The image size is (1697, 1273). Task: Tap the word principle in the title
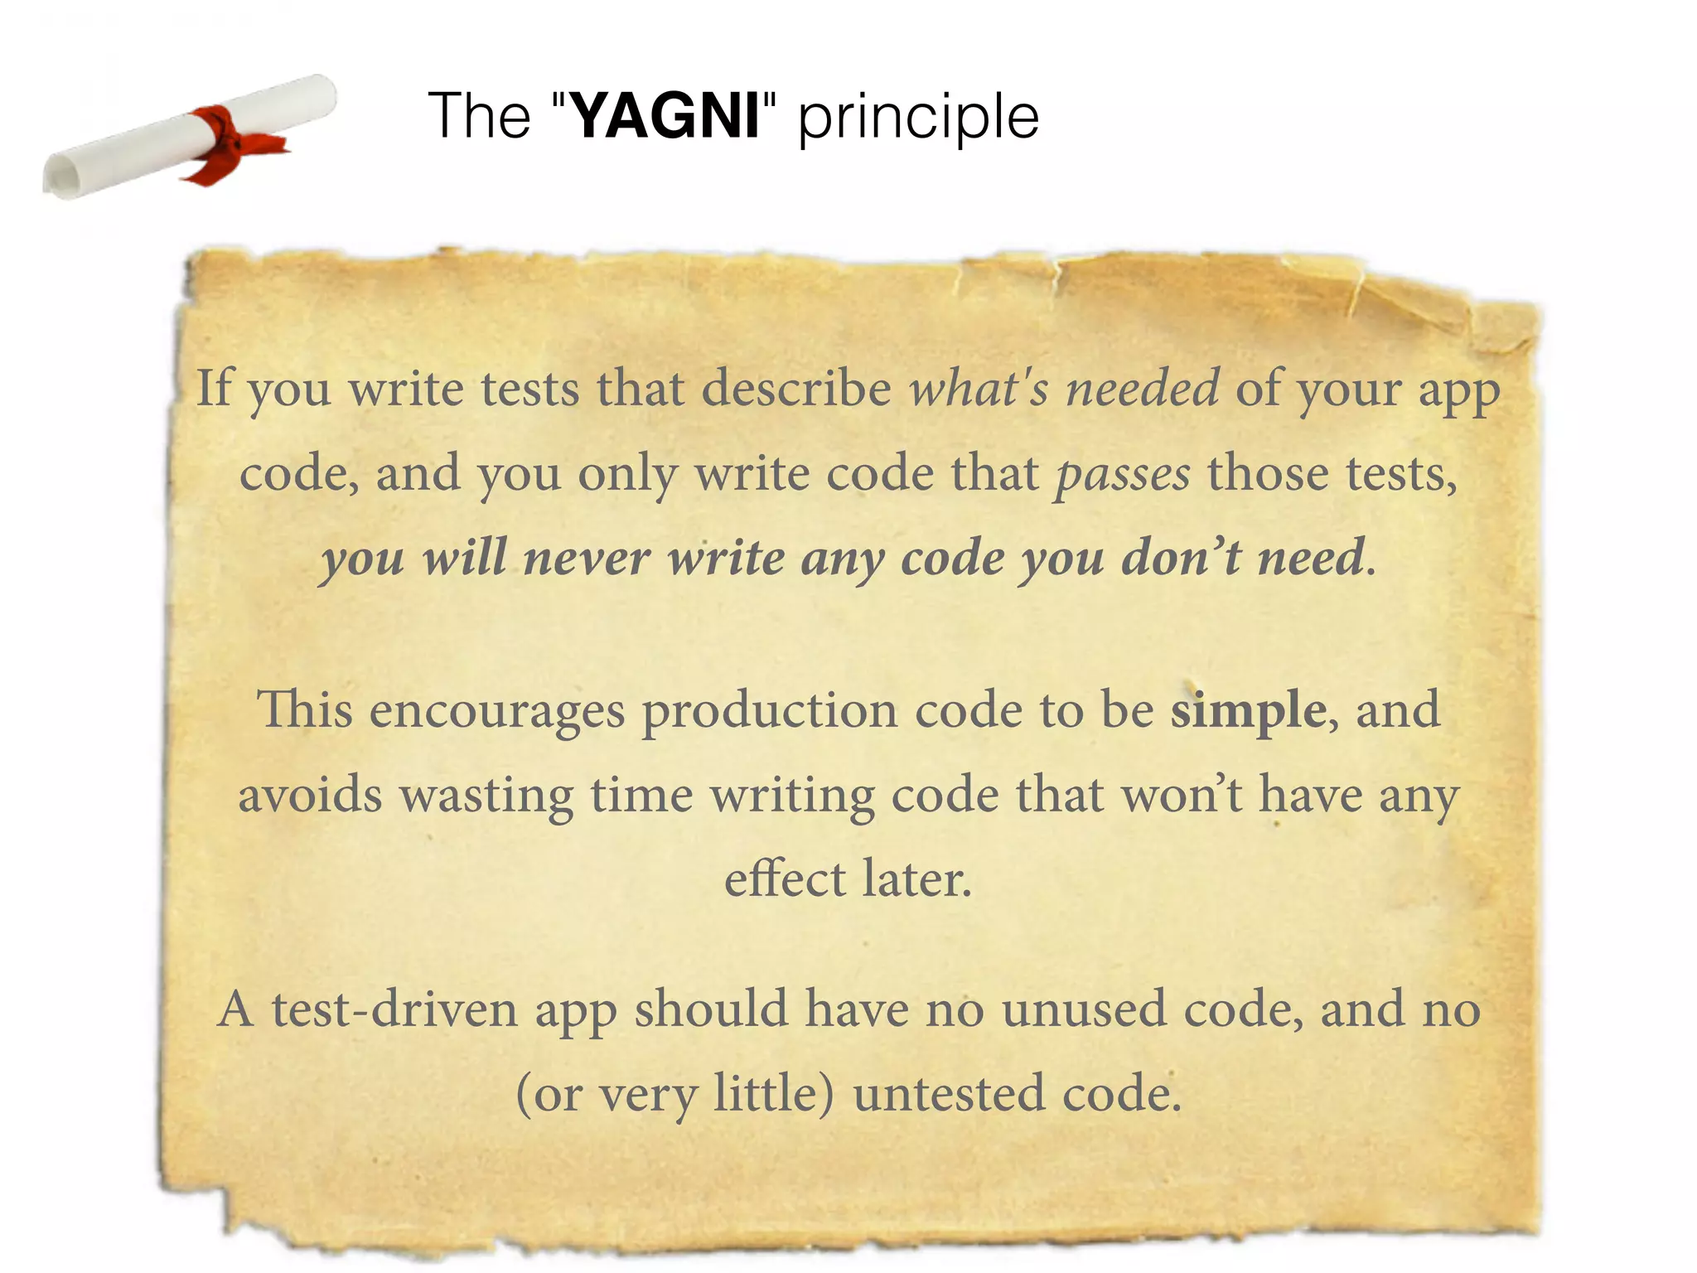(918, 118)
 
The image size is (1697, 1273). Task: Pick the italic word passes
(1123, 474)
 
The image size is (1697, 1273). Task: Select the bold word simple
(1249, 711)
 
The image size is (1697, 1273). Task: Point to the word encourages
(496, 711)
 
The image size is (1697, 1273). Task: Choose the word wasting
(486, 795)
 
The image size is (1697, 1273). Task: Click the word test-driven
(394, 1009)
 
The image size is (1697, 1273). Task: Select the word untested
(949, 1094)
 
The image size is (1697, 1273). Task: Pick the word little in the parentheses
(773, 1094)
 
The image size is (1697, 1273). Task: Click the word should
(710, 1009)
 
